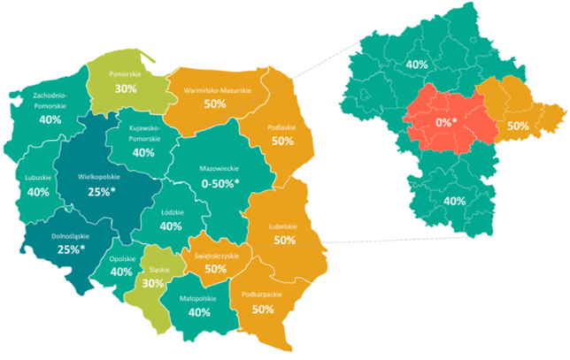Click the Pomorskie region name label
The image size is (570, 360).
[x=125, y=75]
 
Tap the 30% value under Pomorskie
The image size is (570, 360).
[x=125, y=88]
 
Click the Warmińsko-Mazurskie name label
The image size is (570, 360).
[x=214, y=90]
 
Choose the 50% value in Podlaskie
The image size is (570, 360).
[x=283, y=141]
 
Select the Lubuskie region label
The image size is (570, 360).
[x=37, y=177]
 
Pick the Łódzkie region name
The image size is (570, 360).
[x=171, y=211]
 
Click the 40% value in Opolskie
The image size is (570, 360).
[x=122, y=272]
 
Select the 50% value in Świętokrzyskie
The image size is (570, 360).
[x=215, y=268]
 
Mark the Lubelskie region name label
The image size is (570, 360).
[x=285, y=226]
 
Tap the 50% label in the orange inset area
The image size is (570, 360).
[x=518, y=126]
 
